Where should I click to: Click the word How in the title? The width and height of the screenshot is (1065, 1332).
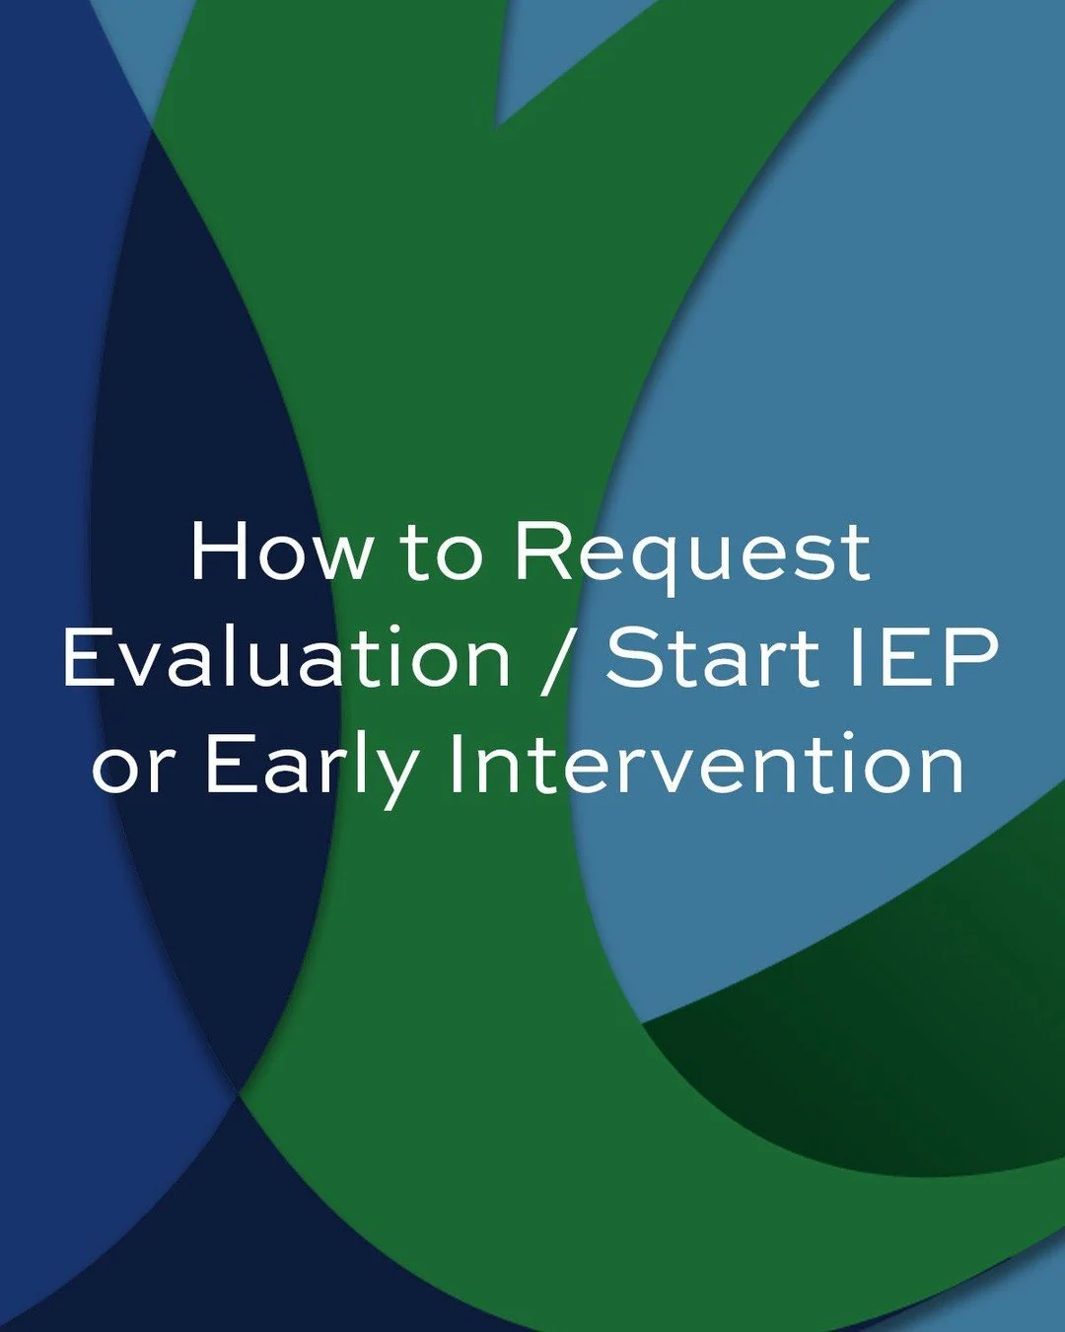[x=281, y=551]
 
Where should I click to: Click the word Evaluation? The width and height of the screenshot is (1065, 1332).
[x=287, y=657]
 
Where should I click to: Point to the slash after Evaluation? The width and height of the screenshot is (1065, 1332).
[x=557, y=659]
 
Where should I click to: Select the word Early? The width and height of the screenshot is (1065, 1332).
[x=312, y=768]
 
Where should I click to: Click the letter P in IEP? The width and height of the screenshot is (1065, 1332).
[x=970, y=657]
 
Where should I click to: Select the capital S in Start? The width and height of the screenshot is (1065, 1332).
[x=633, y=657]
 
